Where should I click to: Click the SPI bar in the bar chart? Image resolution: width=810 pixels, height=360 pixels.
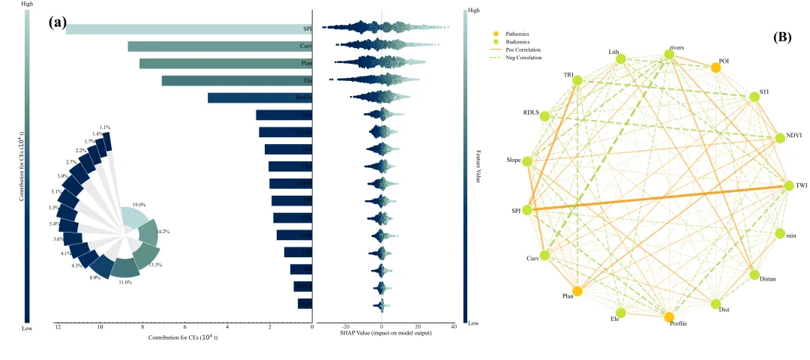[x=187, y=29]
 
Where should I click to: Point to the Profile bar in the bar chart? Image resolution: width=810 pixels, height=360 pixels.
[x=259, y=98]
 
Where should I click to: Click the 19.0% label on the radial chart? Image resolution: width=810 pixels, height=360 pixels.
[x=139, y=205]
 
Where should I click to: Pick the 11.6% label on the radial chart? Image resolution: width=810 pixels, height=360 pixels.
[x=124, y=282]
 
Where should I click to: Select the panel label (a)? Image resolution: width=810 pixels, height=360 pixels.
[x=58, y=22]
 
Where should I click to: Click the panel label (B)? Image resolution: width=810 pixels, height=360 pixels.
[x=783, y=36]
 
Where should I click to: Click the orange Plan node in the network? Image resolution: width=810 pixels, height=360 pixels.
[x=577, y=291]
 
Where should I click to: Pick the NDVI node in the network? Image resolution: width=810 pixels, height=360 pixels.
[x=781, y=137]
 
